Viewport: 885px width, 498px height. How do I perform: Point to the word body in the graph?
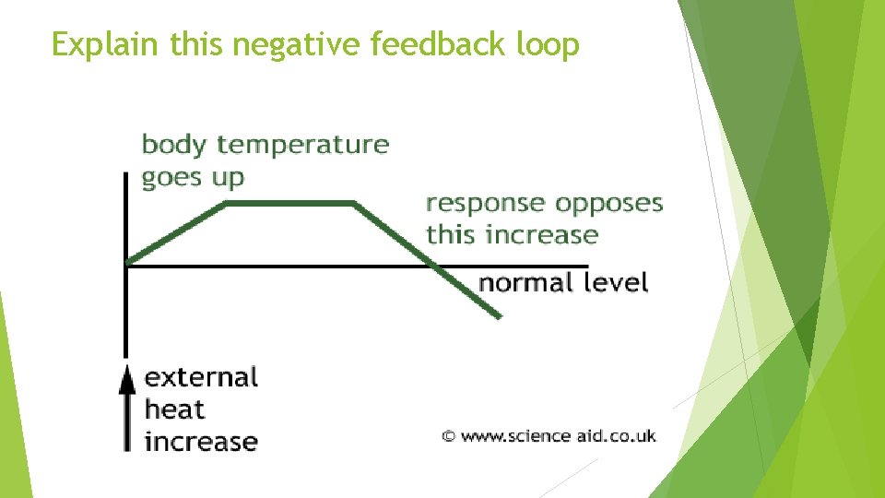175,145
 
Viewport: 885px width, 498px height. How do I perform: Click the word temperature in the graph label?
303,145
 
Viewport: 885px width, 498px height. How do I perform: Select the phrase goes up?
193,178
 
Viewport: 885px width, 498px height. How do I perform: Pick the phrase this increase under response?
512,234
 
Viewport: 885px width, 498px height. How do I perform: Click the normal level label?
563,281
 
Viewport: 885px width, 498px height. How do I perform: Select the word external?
201,377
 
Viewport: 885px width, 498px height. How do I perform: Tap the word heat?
174,409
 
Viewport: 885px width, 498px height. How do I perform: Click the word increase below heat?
201,441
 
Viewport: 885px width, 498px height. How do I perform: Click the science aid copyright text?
549,435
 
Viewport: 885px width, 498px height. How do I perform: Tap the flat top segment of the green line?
290,202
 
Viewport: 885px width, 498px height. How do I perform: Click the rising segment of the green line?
177,232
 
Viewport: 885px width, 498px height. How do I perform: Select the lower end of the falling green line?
499,316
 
